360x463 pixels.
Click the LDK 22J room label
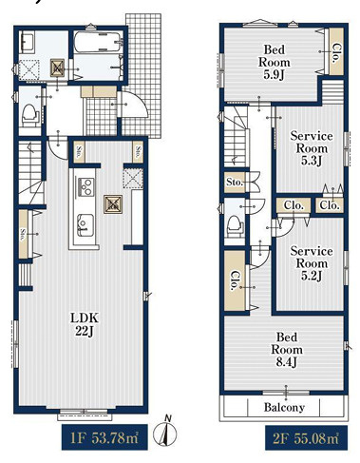pyautogui.click(x=85, y=324)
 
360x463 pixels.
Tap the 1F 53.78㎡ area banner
pyautogui.click(x=104, y=437)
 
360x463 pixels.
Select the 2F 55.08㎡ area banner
pyautogui.click(x=306, y=438)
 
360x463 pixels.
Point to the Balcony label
pyautogui.click(x=284, y=407)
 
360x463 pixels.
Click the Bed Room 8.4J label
pyautogui.click(x=287, y=350)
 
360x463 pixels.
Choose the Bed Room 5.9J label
pyautogui.click(x=275, y=62)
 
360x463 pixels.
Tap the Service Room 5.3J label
pyautogui.click(x=312, y=148)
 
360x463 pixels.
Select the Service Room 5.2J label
pyautogui.click(x=312, y=263)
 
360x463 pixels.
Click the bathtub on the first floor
pyautogui.click(x=98, y=42)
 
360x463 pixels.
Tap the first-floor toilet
pyautogui.click(x=30, y=115)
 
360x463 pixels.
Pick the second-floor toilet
pyautogui.click(x=236, y=225)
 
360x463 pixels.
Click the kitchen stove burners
pyautogui.click(x=85, y=186)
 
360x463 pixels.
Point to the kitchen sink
pyautogui.click(x=85, y=225)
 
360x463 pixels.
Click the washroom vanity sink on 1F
pyautogui.click(x=28, y=43)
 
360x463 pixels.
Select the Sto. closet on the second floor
pyautogui.click(x=235, y=183)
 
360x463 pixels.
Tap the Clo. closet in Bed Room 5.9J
pyautogui.click(x=336, y=52)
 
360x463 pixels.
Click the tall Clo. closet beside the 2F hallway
pyautogui.click(x=235, y=280)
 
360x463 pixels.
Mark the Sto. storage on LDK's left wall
pyautogui.click(x=24, y=234)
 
